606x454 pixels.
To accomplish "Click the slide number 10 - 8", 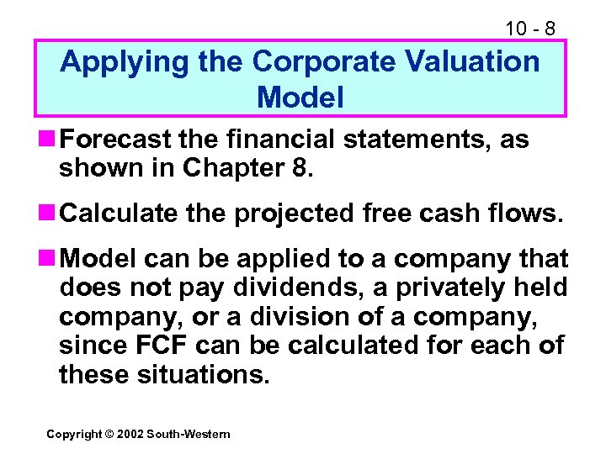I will pyautogui.click(x=529, y=28).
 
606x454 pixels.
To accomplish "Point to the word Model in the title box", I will pyautogui.click(x=300, y=98).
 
